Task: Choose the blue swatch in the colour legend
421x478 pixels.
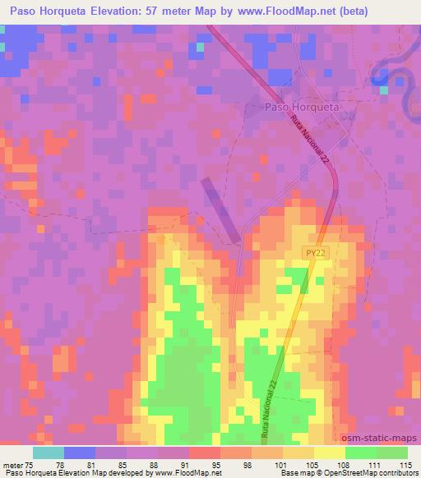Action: click(80, 453)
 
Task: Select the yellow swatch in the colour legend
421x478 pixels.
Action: click(329, 453)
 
